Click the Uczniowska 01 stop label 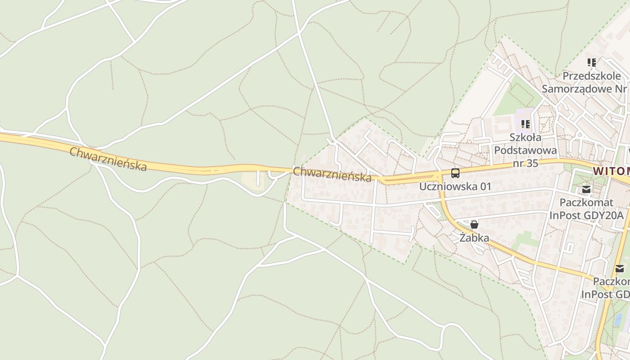(x=455, y=186)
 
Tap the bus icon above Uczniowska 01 (x=455, y=173)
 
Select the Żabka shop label (x=474, y=238)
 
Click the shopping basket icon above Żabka (x=474, y=225)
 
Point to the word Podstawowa (x=525, y=150)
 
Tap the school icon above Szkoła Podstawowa (x=525, y=124)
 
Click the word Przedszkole (x=592, y=76)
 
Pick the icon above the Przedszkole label (x=592, y=63)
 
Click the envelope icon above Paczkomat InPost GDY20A (x=586, y=189)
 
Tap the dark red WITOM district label (x=611, y=171)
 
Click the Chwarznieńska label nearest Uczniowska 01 (x=332, y=174)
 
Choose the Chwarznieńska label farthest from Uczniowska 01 (x=108, y=159)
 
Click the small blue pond (x=619, y=319)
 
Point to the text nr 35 (x=525, y=163)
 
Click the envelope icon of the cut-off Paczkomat (x=620, y=269)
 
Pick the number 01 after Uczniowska (x=485, y=186)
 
